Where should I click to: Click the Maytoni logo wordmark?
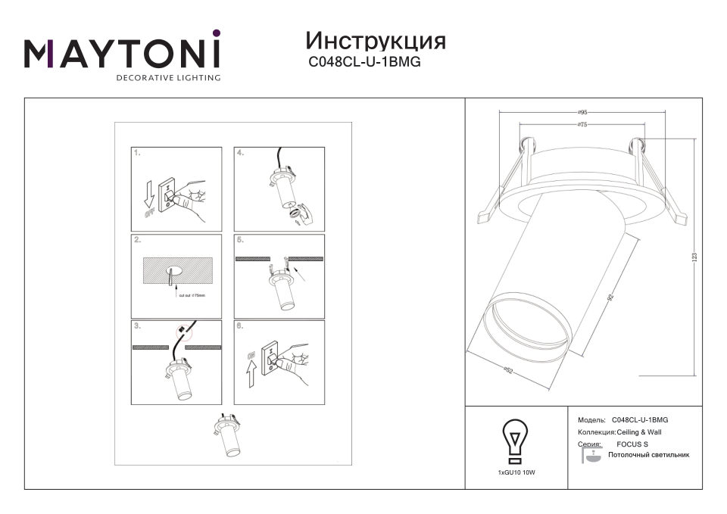coord(122,52)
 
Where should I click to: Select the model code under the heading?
coord(364,64)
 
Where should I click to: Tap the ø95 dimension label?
coord(582,112)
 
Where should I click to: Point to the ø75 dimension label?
coord(582,123)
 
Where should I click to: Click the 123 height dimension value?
coord(694,257)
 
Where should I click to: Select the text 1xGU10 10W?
coord(516,472)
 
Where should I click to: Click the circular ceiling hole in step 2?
coord(175,269)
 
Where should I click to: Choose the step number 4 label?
coord(241,153)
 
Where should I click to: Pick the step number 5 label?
coord(241,240)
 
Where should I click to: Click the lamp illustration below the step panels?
coord(227,439)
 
